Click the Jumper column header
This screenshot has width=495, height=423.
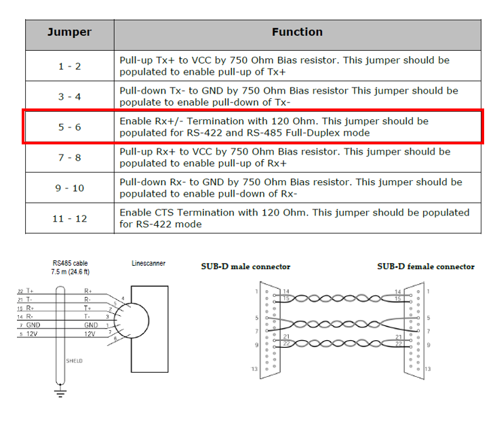click(x=69, y=33)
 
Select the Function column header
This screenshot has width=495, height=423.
click(x=297, y=33)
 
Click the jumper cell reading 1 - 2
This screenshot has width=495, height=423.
click(x=69, y=66)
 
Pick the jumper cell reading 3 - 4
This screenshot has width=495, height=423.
click(x=69, y=96)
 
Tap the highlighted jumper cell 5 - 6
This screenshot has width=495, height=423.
click(x=69, y=127)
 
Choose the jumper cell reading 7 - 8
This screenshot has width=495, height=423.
click(x=69, y=157)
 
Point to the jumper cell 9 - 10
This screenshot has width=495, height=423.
click(x=69, y=188)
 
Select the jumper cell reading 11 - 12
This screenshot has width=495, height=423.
click(x=69, y=218)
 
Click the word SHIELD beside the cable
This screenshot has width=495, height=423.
click(x=75, y=361)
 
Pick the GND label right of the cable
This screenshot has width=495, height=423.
click(x=91, y=325)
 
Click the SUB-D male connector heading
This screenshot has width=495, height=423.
click(x=245, y=266)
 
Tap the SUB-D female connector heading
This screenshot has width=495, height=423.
click(x=426, y=266)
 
